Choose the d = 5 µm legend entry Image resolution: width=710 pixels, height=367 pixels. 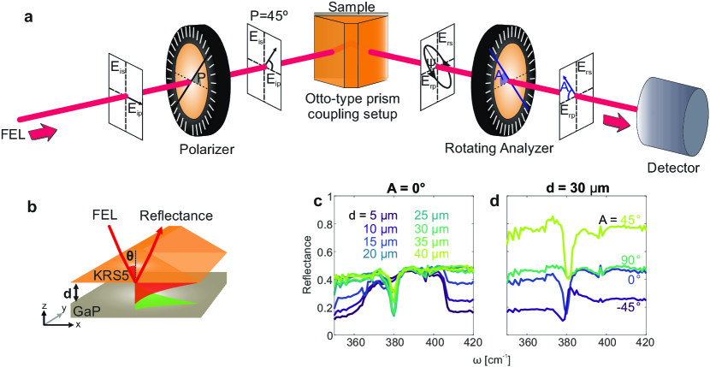(x=374, y=216)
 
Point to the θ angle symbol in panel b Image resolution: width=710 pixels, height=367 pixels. (x=130, y=254)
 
